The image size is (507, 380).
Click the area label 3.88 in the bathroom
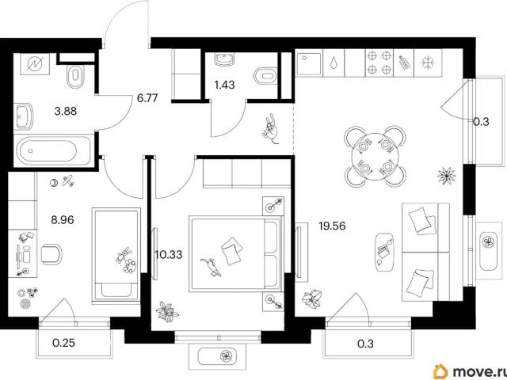[x=66, y=111]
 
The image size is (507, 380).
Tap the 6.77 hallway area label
[x=147, y=97]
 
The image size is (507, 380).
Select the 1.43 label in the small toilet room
[x=224, y=85]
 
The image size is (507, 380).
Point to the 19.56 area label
[x=332, y=226]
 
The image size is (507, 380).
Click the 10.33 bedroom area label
[x=168, y=255]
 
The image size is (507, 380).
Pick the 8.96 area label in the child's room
[x=63, y=220]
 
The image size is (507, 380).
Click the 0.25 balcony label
[x=63, y=343]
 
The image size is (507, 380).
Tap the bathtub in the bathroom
[x=52, y=150]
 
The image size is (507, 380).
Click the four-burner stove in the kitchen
[x=379, y=63]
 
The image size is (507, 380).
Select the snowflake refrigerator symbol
[x=429, y=63]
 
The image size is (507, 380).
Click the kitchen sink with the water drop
[x=334, y=63]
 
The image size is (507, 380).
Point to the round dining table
[x=375, y=157]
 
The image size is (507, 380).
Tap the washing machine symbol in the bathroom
[x=35, y=64]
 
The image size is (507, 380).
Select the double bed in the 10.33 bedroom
[x=235, y=254]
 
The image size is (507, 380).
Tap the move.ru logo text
[x=478, y=372]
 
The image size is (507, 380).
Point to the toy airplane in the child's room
[x=68, y=180]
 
